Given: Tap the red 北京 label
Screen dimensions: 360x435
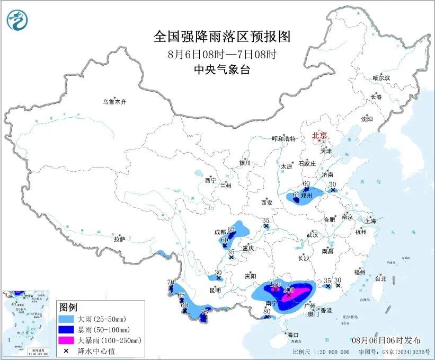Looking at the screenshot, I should point(319,135).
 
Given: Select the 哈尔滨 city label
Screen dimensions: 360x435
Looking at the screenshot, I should point(380,78).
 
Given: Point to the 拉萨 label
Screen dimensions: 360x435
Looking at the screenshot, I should point(119,239).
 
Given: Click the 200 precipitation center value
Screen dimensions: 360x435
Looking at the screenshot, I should point(289,290).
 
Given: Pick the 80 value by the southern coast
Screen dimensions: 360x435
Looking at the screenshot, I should point(267,311).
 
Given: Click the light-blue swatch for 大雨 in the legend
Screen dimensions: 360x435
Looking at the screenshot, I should point(67,319).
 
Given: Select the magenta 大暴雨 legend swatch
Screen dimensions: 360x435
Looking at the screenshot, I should point(67,340).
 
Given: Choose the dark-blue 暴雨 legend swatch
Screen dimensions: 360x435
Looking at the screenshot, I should point(67,329).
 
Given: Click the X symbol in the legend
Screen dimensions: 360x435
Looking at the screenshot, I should point(67,350).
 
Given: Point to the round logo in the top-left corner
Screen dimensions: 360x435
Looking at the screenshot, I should point(17,20).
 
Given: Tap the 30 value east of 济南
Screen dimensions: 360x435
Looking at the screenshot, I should point(333,184).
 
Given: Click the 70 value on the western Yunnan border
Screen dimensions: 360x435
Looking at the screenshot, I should point(171,282).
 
